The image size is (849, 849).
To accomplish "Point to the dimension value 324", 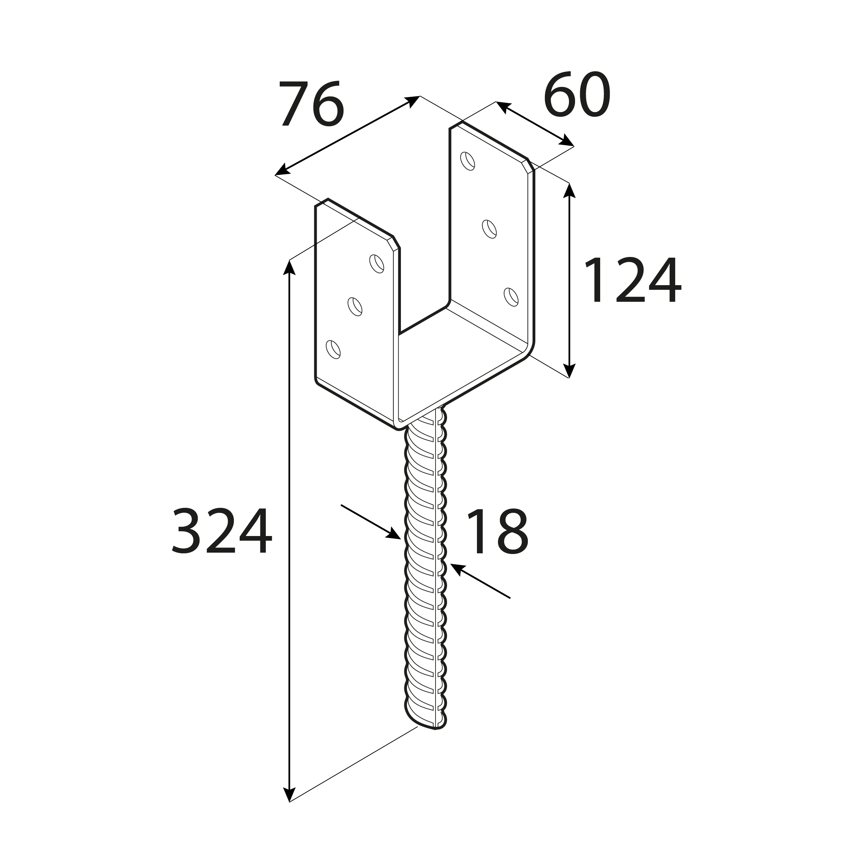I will (x=222, y=531).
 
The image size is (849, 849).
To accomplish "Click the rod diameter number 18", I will (x=497, y=531).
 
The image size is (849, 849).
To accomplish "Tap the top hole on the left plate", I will (x=376, y=264).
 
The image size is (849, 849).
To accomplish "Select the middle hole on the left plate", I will (x=355, y=306).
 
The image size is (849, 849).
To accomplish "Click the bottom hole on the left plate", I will (x=333, y=349).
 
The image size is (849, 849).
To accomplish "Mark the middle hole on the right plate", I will (x=489, y=229).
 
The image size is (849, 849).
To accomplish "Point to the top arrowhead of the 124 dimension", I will (x=569, y=191).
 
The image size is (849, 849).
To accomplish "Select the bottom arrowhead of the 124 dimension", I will (x=569, y=370).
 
